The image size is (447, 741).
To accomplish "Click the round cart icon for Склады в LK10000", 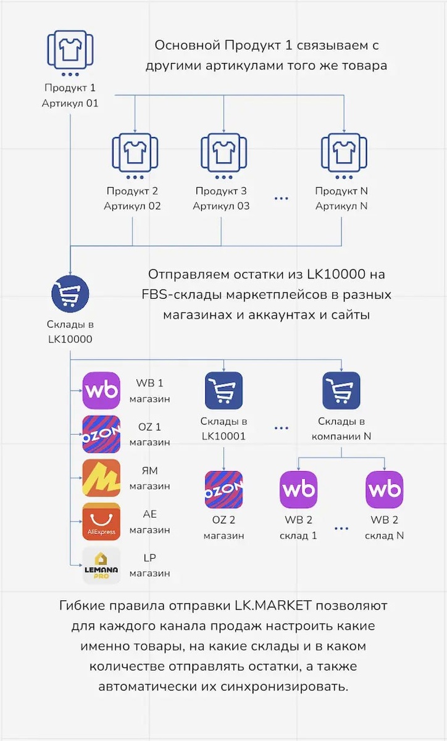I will [x=70, y=293].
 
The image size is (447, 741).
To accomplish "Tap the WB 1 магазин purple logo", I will [x=101, y=390].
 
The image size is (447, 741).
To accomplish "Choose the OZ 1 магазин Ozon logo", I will [x=101, y=434].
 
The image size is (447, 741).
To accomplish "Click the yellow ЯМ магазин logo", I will [x=101, y=478].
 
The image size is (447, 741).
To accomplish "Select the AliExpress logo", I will [x=101, y=522].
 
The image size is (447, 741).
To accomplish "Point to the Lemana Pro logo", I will [x=101, y=566].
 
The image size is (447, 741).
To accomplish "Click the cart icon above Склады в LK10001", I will [x=223, y=390].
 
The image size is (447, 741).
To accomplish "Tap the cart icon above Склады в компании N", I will [x=341, y=390].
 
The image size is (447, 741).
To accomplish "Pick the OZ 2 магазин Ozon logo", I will [x=223, y=490].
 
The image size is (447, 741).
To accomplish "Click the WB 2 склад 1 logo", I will [x=299, y=490].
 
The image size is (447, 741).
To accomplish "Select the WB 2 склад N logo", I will [x=384, y=490].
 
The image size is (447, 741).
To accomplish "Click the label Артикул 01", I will [x=70, y=103].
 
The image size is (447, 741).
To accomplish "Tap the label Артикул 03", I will [x=221, y=206].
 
